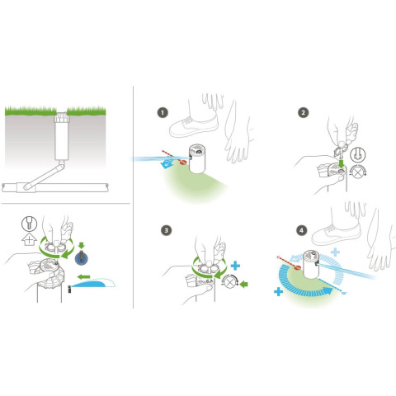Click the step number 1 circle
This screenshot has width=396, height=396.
click(163, 113)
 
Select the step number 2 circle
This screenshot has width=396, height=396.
click(304, 113)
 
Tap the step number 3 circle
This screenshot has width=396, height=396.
click(166, 230)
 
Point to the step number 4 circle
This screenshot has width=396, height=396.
click(302, 230)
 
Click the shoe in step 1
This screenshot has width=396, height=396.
click(194, 126)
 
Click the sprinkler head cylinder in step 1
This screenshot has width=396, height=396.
click(197, 158)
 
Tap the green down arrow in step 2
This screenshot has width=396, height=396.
click(342, 163)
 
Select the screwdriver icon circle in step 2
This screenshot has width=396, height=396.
click(358, 155)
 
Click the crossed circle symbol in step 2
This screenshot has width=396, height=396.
click(357, 172)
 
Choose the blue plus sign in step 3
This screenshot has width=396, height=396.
click(235, 266)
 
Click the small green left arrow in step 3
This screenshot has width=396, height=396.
click(243, 284)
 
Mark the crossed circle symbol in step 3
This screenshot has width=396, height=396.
click(229, 281)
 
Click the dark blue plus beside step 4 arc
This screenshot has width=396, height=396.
click(278, 292)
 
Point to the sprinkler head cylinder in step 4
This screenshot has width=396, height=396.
click(311, 264)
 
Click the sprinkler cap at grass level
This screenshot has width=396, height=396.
click(61, 118)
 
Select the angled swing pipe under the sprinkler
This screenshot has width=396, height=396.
click(45, 175)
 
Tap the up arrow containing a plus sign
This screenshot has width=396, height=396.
click(29, 239)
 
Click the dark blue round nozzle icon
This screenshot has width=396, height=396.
click(82, 258)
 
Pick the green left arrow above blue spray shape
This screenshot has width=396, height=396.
click(83, 276)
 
